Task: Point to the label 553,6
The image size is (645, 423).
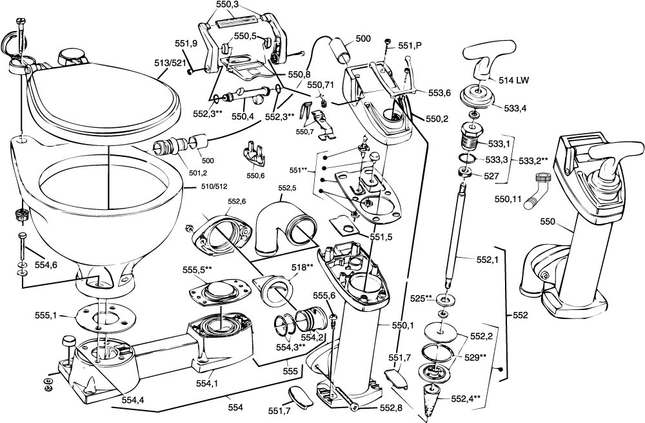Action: click(441, 93)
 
